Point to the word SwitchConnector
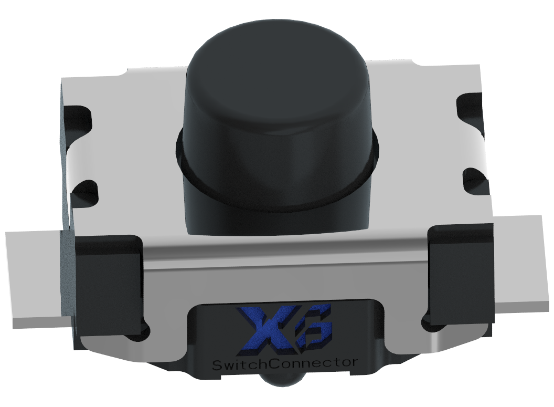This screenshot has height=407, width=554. pos(284,363)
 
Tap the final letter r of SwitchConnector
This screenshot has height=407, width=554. pos(355,362)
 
